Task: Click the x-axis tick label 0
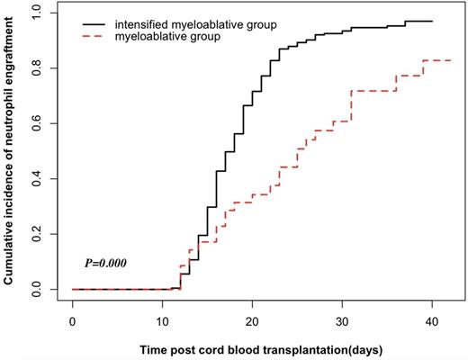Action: click(x=72, y=321)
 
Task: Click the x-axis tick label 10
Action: click(x=162, y=321)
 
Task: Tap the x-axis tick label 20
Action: click(x=252, y=321)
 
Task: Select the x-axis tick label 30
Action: click(x=342, y=321)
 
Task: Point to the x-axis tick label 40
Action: click(x=432, y=321)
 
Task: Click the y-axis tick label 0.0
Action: click(x=35, y=289)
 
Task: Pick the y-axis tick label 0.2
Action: click(x=35, y=234)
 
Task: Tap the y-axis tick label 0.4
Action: click(x=35, y=178)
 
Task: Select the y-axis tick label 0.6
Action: click(x=35, y=123)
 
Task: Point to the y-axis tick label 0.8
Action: click(x=35, y=68)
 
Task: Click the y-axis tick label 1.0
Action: click(x=35, y=13)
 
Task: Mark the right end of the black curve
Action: click(x=432, y=21)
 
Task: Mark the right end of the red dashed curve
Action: click(x=451, y=60)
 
